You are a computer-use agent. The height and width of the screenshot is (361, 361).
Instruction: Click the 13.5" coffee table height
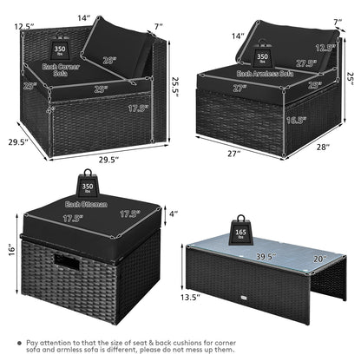pos(197,295)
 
